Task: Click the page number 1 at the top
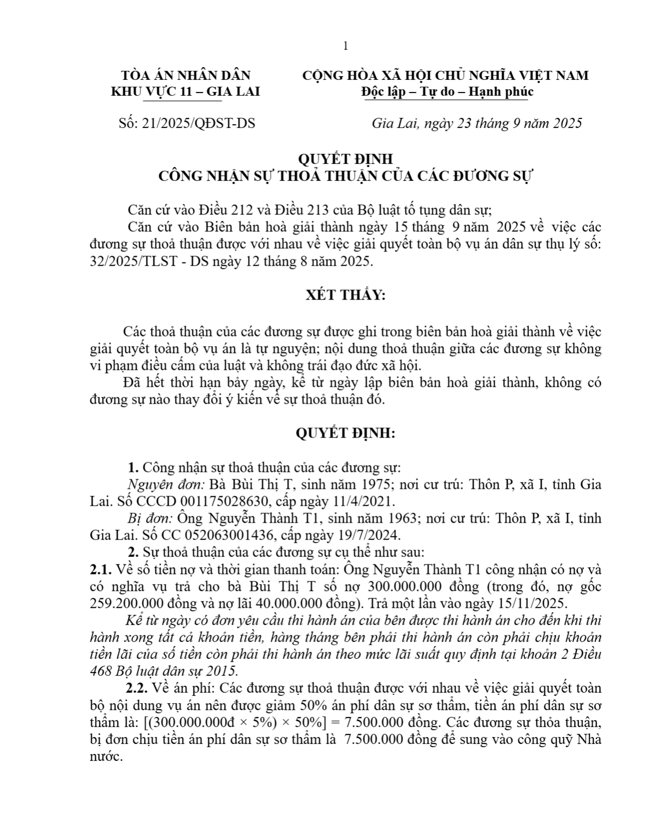[345, 46]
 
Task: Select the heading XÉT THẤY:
[346, 295]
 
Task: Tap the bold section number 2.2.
[136, 689]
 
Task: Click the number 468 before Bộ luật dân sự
[101, 671]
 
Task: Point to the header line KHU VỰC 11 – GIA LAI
[185, 92]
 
